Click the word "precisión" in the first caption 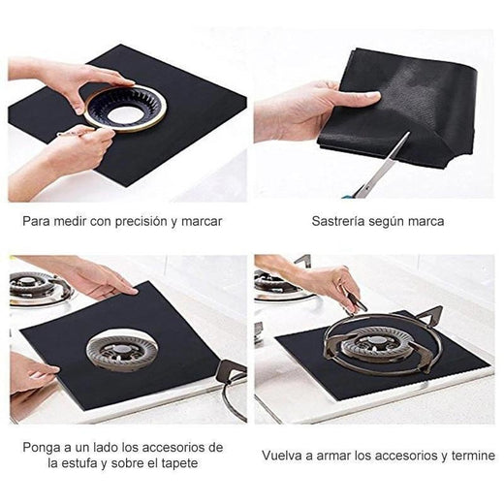141,222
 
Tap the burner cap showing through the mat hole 122,350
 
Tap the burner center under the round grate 376,342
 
